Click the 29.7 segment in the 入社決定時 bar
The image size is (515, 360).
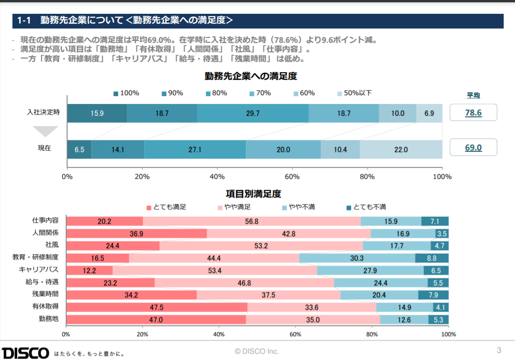click(x=253, y=113)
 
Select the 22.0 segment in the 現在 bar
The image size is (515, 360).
click(x=401, y=149)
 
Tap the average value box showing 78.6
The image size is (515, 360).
click(x=473, y=113)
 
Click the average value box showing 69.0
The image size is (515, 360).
click(x=473, y=148)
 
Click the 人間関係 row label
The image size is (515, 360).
click(x=45, y=233)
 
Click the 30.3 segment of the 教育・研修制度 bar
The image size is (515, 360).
click(x=357, y=258)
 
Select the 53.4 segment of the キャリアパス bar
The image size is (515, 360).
click(x=215, y=270)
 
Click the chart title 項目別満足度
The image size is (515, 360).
click(x=257, y=194)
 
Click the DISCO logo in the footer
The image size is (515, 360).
click(x=25, y=353)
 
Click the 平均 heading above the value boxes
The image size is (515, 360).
click(x=473, y=95)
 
